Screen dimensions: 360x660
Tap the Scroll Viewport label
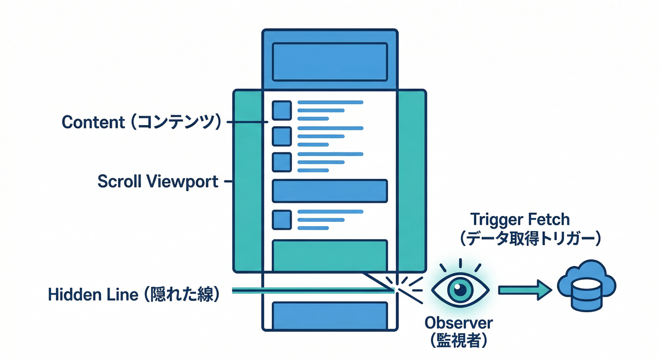tap(158, 181)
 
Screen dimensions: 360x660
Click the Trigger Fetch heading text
tap(519, 219)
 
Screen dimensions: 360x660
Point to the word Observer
tap(459, 323)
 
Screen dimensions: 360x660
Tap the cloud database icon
tap(586, 286)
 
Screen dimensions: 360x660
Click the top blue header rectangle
tap(330, 62)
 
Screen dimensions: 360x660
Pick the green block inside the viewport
tap(330, 255)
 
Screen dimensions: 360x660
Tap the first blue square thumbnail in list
tap(282, 111)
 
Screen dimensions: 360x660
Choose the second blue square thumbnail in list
tap(282, 136)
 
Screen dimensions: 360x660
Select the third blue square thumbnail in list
tap(282, 162)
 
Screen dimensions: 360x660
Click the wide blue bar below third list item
tap(330, 191)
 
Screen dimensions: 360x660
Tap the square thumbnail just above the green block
tap(282, 219)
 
